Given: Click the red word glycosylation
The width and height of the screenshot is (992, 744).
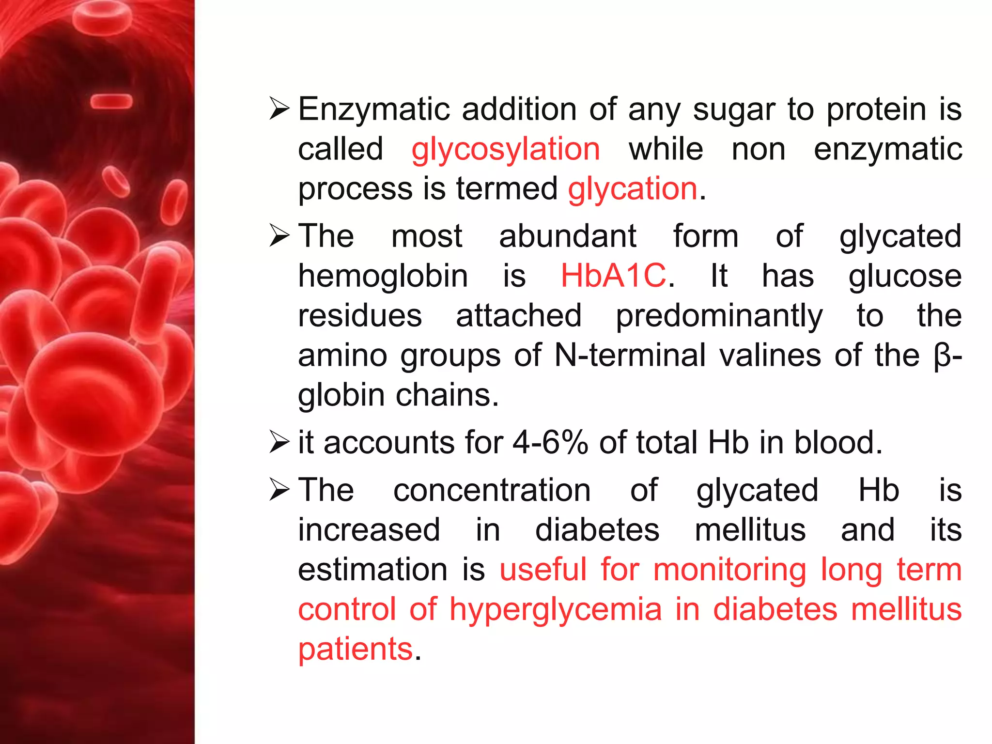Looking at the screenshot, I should pos(506,149).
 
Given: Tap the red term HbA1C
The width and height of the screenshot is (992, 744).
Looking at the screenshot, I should pos(613,276).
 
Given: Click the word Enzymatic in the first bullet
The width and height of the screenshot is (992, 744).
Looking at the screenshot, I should pos(374,109).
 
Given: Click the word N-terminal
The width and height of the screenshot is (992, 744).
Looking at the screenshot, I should pos(630,355).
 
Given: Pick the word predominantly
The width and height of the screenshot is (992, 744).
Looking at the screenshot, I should pos(719,316).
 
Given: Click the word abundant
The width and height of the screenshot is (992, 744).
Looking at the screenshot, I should pos(568,236).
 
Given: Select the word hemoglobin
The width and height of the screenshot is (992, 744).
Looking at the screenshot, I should pos(383,276).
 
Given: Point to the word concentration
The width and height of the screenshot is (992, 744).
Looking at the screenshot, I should pos(492,490).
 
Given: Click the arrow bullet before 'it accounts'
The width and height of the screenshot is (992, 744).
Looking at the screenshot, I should pos(279,442).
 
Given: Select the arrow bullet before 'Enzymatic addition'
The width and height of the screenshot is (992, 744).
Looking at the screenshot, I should pos(279,108).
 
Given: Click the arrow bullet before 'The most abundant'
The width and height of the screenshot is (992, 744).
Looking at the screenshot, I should pos(279,236).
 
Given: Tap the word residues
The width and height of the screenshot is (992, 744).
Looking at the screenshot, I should pos(360,316).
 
